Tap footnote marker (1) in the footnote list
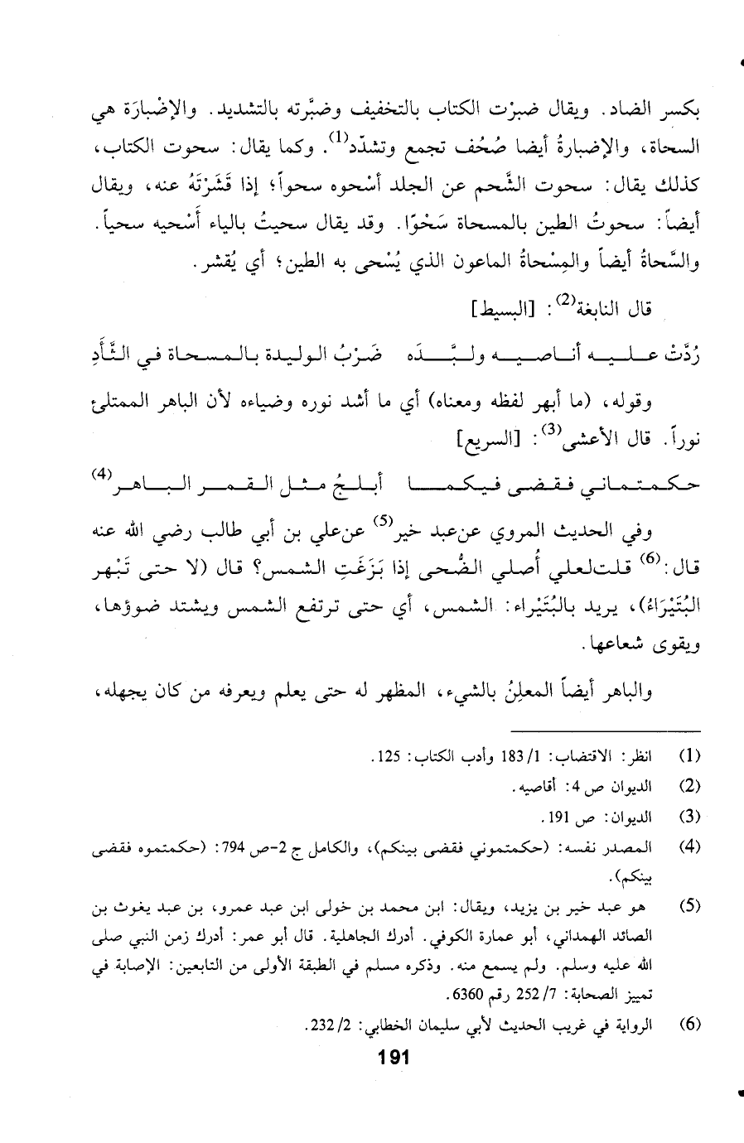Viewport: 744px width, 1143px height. [689, 755]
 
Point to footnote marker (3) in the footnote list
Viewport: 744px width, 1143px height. [689, 816]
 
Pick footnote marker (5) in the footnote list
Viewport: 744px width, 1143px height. [689, 906]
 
